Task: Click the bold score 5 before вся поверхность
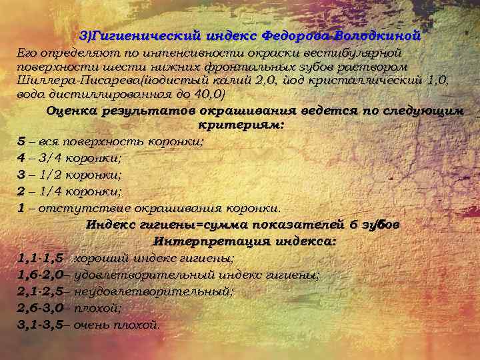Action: tap(22, 141)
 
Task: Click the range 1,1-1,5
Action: tap(41, 257)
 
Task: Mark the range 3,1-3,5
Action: tap(41, 325)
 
